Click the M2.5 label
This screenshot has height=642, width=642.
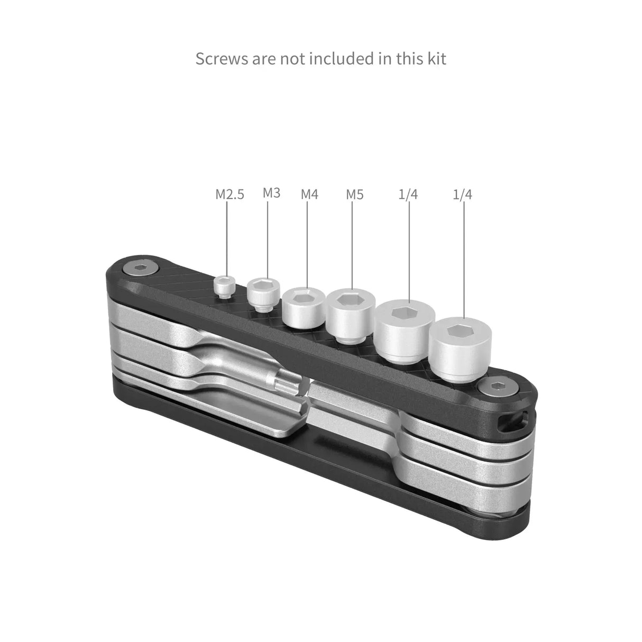(230, 194)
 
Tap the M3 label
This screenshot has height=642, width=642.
(271, 192)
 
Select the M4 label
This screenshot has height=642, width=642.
(309, 194)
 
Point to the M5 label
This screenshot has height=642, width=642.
(354, 194)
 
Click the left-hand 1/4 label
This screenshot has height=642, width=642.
(408, 194)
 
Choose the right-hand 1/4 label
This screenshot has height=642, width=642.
(463, 194)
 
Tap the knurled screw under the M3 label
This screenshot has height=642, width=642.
(260, 294)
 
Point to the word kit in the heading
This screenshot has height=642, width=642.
(434, 58)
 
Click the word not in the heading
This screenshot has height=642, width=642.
(291, 58)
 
